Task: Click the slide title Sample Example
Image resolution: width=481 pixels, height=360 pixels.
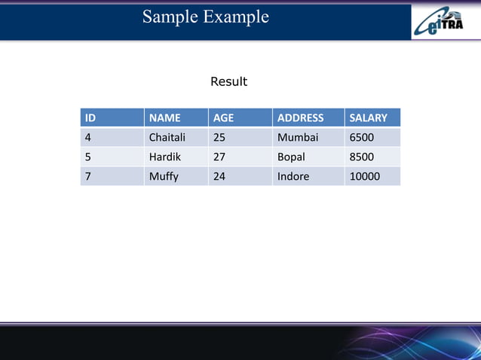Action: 205,17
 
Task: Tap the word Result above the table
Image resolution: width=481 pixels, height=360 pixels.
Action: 228,81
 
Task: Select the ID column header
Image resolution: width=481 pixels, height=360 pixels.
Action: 90,117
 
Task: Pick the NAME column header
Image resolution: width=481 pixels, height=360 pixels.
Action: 164,117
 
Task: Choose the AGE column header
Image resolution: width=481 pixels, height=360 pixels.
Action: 224,117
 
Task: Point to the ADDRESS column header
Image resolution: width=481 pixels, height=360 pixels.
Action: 300,117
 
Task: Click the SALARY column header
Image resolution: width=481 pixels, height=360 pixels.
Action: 368,117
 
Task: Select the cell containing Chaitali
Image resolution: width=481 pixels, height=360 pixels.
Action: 167,138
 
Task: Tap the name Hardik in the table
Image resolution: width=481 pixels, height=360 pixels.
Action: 165,157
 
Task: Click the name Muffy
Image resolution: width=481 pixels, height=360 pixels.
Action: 164,177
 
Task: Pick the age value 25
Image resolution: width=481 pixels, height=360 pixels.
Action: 219,138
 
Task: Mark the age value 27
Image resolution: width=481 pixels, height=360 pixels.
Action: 219,157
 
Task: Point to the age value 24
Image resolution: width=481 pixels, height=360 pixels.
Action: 219,177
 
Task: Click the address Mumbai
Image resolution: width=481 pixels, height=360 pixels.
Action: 298,138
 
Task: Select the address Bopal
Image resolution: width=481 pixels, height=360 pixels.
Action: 291,157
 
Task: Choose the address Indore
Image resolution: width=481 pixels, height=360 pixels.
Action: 293,177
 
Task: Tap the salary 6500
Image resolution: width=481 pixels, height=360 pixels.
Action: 361,138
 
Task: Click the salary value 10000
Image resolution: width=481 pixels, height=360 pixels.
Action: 364,177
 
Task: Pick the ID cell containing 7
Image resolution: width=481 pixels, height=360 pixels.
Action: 88,177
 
